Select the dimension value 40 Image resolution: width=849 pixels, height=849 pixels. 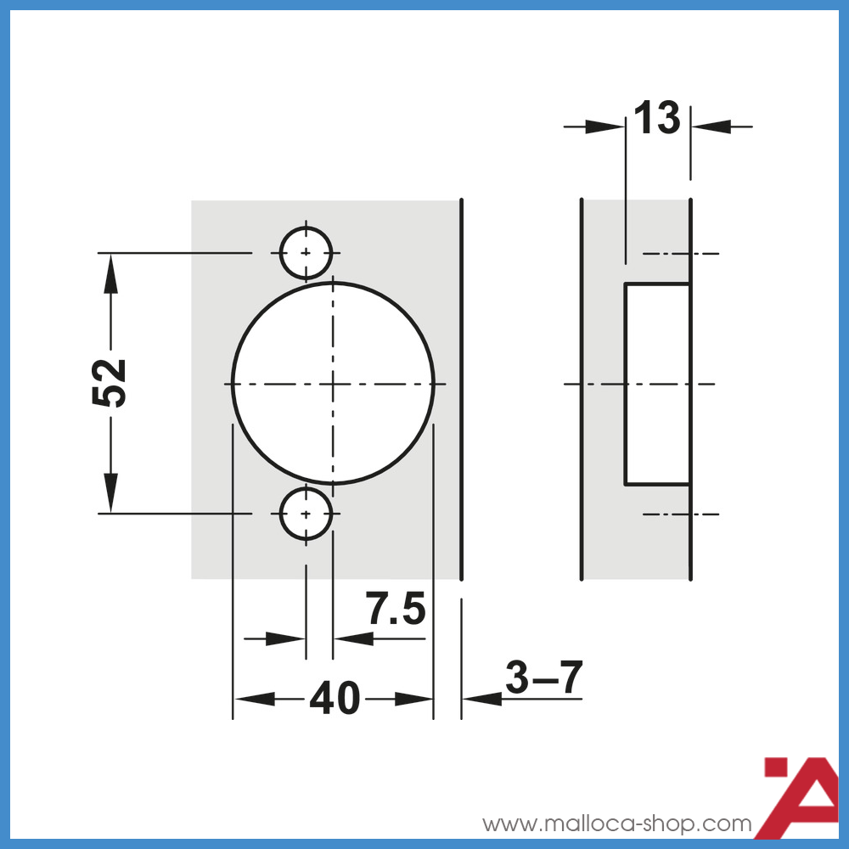click(335, 699)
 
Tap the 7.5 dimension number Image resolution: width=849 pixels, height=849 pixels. click(395, 609)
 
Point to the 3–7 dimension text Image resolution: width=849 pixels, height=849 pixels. click(544, 677)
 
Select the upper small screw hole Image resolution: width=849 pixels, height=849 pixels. click(306, 253)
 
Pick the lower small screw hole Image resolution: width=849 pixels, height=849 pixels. click(306, 514)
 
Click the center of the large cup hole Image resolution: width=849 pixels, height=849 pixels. click(333, 384)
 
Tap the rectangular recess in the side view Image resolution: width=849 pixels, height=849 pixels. click(657, 384)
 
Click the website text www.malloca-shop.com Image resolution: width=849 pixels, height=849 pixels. click(617, 824)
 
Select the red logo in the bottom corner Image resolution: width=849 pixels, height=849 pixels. click(802, 794)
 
